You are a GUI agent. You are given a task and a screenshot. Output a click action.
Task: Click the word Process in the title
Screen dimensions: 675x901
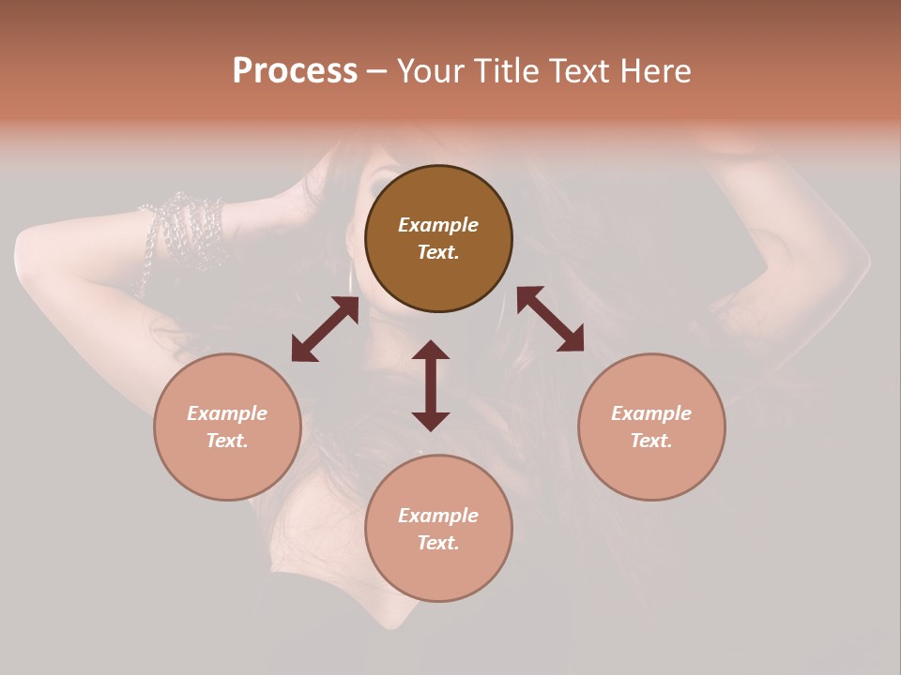coord(295,71)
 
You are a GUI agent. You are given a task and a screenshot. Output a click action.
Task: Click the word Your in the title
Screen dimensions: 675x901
coord(433,71)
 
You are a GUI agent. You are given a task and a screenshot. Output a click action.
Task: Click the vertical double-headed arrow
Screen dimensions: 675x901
coord(431,385)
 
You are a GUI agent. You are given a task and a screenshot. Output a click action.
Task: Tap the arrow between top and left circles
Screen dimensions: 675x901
coord(325,328)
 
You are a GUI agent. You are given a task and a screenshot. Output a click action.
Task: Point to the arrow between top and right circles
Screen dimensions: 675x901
coord(551,319)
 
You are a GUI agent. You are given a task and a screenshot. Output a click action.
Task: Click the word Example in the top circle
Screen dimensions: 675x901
coord(438,225)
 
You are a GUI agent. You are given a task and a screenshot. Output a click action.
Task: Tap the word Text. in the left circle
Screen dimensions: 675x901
coord(227,441)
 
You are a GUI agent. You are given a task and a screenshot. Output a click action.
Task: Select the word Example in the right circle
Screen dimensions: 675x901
coord(651,413)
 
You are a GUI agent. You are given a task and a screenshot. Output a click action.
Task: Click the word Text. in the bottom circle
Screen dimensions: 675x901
coord(438,543)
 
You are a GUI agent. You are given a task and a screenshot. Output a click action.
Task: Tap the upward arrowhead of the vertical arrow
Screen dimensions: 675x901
coord(431,350)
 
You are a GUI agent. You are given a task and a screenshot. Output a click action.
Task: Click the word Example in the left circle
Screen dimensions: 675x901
coord(227,413)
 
